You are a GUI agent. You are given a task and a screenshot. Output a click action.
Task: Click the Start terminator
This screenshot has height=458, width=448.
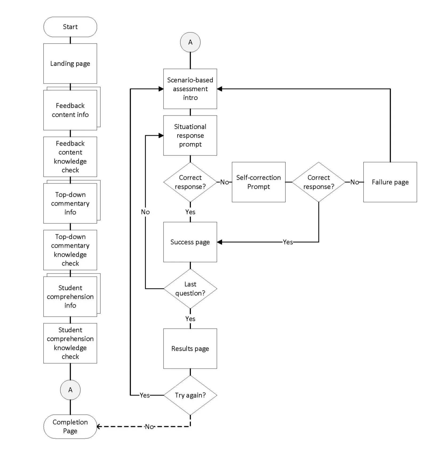pyautogui.click(x=70, y=27)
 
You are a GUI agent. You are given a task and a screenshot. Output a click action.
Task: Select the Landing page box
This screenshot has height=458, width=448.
pyautogui.click(x=70, y=63)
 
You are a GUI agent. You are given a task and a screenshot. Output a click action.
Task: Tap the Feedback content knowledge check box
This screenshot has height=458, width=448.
pyautogui.click(x=70, y=157)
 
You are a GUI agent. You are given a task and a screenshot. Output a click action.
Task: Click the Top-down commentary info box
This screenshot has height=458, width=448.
pyautogui.click(x=70, y=203)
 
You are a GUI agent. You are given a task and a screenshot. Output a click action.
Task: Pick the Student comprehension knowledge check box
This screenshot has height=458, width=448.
pyautogui.click(x=70, y=343)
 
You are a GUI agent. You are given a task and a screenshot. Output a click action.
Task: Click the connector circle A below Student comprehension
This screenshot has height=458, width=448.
pyautogui.click(x=70, y=390)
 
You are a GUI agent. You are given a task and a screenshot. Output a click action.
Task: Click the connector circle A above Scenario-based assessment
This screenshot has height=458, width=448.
pyautogui.click(x=190, y=42)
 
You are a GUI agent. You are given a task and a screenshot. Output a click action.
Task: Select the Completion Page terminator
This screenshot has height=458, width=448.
pyautogui.click(x=70, y=426)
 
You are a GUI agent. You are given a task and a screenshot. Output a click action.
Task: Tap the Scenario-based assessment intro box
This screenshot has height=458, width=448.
pyautogui.click(x=190, y=89)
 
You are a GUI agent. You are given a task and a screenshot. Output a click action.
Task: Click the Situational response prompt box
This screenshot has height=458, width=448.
pyautogui.click(x=190, y=135)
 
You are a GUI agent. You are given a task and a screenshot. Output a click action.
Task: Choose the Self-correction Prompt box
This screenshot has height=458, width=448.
pyautogui.click(x=258, y=182)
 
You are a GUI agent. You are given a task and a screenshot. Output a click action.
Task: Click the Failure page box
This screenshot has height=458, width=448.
pyautogui.click(x=390, y=182)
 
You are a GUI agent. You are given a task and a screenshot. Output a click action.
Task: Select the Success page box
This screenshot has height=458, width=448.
pyautogui.click(x=190, y=242)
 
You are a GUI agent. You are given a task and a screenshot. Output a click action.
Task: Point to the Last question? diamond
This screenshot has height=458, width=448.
pyautogui.click(x=190, y=289)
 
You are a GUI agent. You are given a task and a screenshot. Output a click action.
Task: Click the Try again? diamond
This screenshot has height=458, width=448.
pyautogui.click(x=190, y=395)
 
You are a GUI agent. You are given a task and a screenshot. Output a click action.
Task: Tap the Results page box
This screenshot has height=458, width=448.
pyautogui.click(x=190, y=348)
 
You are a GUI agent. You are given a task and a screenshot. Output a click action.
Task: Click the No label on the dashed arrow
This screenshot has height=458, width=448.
pyautogui.click(x=149, y=427)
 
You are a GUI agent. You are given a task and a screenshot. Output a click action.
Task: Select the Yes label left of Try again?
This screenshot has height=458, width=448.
pyautogui.click(x=145, y=395)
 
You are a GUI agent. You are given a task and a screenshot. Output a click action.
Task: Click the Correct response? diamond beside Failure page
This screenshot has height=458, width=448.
pyautogui.click(x=319, y=182)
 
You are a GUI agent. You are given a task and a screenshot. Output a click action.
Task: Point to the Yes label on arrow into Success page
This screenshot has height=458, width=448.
pyautogui.click(x=288, y=242)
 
